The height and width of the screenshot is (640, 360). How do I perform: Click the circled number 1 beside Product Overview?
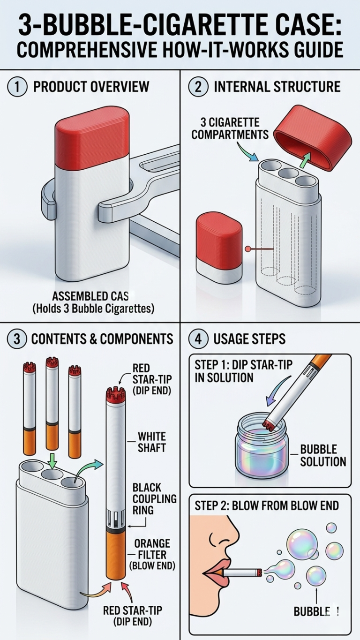17,87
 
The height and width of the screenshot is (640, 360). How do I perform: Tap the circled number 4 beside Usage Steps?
198,339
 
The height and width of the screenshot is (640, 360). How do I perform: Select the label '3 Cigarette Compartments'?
230,128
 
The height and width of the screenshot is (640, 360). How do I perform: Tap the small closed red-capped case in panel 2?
219,248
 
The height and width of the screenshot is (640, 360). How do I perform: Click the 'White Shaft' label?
152,442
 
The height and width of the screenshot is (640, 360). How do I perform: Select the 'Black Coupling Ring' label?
155,498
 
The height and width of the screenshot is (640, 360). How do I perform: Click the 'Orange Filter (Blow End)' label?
152,555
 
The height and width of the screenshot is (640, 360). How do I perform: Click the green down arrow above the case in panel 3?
52,460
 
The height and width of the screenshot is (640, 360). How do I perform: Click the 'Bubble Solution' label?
323,455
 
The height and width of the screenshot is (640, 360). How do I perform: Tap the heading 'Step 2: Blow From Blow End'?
267,505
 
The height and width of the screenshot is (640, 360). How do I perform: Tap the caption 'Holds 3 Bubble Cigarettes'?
93,309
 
